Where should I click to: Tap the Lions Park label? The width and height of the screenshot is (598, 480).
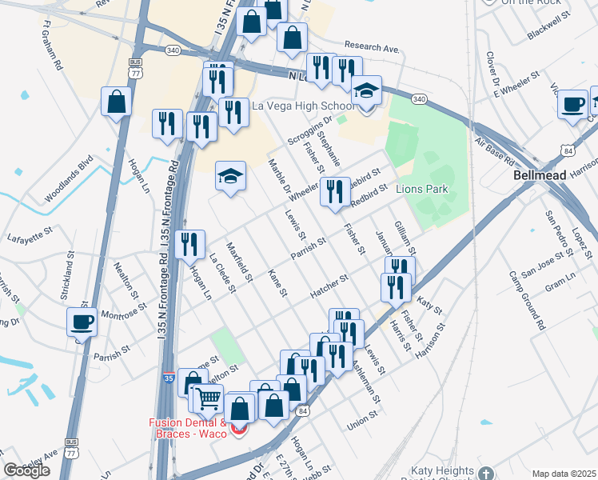click(x=421, y=190)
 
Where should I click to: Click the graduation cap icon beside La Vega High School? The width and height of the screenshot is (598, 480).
click(x=366, y=93)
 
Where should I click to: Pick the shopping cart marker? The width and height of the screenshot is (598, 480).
click(x=208, y=397)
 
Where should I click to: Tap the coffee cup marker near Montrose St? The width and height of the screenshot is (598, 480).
click(x=82, y=322)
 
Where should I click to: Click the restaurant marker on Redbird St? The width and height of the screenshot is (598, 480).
click(x=335, y=192)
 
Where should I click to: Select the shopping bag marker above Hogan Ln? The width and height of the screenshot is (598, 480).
click(x=117, y=102)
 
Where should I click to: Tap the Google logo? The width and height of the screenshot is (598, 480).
click(x=26, y=470)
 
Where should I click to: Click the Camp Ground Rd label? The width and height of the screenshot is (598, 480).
click(x=528, y=302)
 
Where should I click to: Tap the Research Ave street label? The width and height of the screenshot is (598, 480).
click(x=371, y=48)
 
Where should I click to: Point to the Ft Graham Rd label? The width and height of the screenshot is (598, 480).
click(x=50, y=51)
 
